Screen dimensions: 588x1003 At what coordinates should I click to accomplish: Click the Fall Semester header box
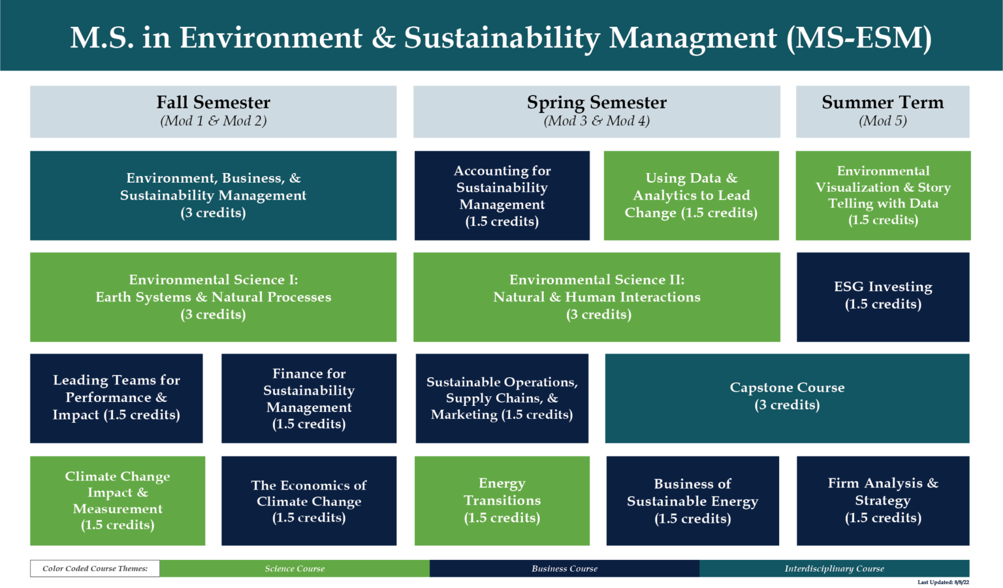[213, 111]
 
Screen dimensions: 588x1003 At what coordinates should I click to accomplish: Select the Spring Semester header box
[596, 111]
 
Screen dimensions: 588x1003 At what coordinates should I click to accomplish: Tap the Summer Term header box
[882, 111]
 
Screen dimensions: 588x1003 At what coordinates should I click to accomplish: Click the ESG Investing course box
[883, 296]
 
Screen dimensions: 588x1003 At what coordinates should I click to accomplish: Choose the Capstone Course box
[787, 397]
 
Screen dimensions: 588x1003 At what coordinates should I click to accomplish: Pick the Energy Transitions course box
[501, 501]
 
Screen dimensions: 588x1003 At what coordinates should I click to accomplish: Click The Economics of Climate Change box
[309, 501]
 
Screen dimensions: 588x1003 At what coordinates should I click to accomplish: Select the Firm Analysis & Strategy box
[883, 501]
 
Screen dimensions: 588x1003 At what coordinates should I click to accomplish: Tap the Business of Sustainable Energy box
[692, 501]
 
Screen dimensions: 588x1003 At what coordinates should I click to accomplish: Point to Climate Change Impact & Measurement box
[118, 501]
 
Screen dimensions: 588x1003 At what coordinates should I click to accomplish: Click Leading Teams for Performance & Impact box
[116, 398]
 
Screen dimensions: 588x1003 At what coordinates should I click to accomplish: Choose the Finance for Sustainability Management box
[309, 398]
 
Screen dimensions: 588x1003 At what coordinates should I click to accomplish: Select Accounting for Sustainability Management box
[501, 195]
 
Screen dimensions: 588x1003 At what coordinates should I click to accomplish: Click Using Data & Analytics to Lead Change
[691, 195]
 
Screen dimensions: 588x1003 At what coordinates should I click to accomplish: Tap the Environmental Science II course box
[596, 296]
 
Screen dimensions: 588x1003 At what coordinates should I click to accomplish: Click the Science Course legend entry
[295, 568]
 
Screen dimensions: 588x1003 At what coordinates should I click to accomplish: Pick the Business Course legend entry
[564, 568]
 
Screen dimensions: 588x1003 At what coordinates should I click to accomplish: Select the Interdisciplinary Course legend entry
[834, 568]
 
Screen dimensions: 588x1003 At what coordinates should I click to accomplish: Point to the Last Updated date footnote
[943, 582]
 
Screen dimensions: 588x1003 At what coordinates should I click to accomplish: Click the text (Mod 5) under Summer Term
[882, 121]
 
